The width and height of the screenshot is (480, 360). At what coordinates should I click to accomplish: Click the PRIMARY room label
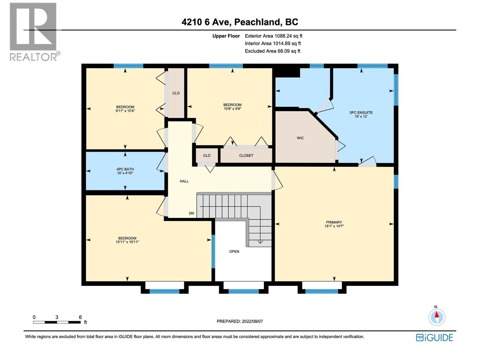[x=334, y=222]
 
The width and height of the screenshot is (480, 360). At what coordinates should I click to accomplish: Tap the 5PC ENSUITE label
[x=361, y=112]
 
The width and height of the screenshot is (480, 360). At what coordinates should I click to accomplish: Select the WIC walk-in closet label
[x=300, y=138]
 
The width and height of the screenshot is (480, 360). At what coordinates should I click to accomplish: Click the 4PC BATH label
[x=125, y=169]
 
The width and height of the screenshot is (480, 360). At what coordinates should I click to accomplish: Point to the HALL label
[x=184, y=181]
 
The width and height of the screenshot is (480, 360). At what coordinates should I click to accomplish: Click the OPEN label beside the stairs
[x=234, y=251]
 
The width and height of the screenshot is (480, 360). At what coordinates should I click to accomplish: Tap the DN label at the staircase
[x=191, y=213]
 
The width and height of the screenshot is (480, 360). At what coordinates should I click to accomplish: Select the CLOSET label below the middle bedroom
[x=246, y=155]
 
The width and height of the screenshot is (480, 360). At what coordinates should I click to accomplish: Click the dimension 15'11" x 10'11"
[x=127, y=242]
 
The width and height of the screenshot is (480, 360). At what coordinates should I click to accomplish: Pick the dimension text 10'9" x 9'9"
[x=232, y=109]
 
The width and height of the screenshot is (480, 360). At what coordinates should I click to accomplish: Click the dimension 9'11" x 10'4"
[x=125, y=111]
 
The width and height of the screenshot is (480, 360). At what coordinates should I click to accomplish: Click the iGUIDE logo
[x=434, y=337]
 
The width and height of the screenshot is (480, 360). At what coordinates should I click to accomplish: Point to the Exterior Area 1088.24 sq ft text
[x=274, y=36]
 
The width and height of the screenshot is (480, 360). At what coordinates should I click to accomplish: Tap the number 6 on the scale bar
[x=80, y=317]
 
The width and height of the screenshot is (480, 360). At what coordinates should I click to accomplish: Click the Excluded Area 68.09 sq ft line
[x=272, y=51]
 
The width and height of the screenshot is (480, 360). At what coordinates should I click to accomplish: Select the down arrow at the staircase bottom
[x=260, y=241]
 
